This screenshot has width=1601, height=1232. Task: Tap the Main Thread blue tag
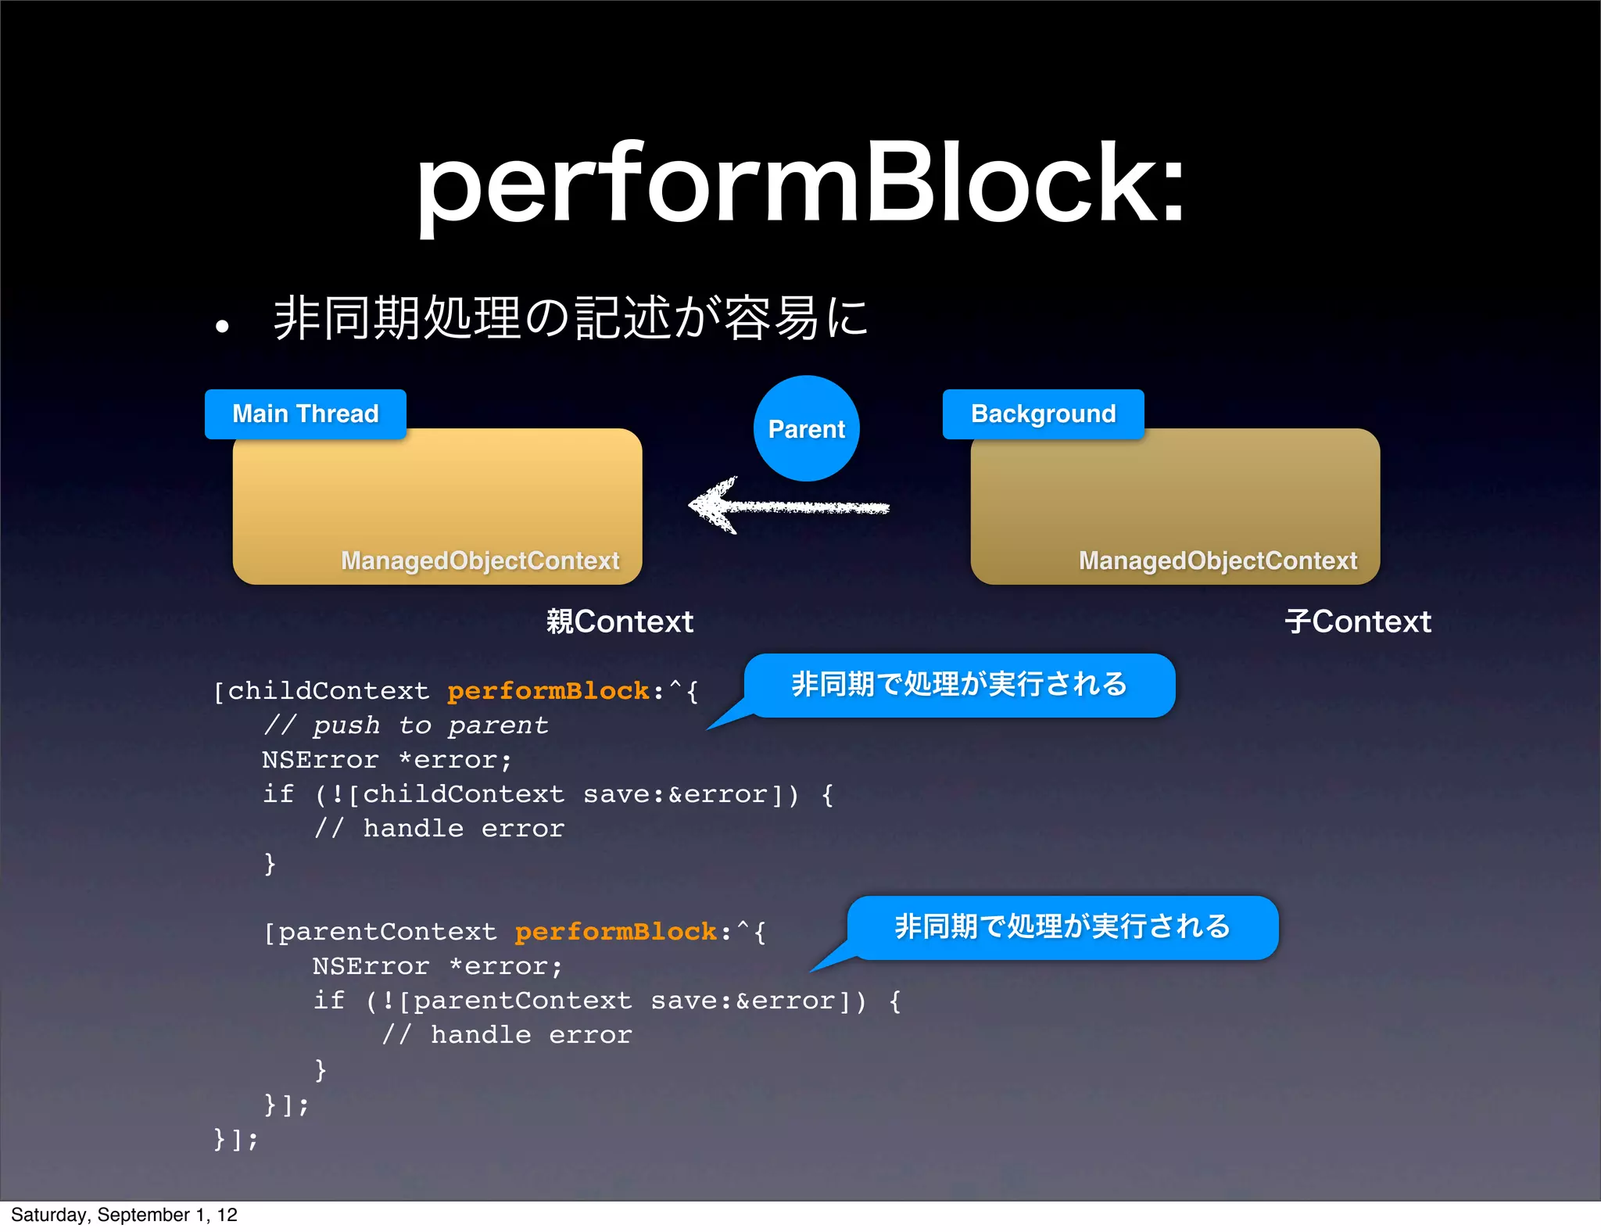[x=305, y=414]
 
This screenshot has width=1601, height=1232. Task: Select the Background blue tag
[x=1043, y=414]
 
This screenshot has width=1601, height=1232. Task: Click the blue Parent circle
[x=806, y=428]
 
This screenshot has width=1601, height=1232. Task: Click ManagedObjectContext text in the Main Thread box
[x=480, y=560]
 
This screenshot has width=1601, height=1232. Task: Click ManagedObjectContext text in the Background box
[x=1217, y=560]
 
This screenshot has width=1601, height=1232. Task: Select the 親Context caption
[x=619, y=621]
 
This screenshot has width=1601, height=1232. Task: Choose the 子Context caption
[x=1357, y=621]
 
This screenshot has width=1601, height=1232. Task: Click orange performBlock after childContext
[x=548, y=691]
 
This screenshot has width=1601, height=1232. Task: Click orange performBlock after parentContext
[x=616, y=932]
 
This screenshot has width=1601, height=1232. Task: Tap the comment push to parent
[x=407, y=725]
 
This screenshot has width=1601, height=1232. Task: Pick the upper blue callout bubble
[x=959, y=685]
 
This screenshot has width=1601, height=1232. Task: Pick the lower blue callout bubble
[x=1062, y=927]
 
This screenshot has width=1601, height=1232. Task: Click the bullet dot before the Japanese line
[x=223, y=326]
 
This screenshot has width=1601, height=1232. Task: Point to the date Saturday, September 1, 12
[x=124, y=1215]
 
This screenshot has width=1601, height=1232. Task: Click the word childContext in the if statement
[x=463, y=794]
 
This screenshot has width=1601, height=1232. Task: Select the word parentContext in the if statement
[x=522, y=1001]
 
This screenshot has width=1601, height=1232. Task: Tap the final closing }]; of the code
[x=235, y=1138]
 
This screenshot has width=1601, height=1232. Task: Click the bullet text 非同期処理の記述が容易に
[x=571, y=318]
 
